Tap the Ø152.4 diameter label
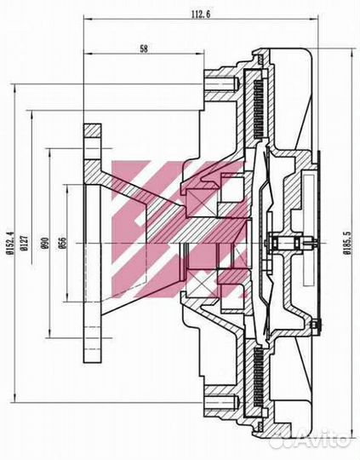(x=10, y=244)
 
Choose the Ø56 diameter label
(x=63, y=244)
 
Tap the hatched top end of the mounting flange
(x=93, y=137)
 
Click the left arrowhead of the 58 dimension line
(x=87, y=57)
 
